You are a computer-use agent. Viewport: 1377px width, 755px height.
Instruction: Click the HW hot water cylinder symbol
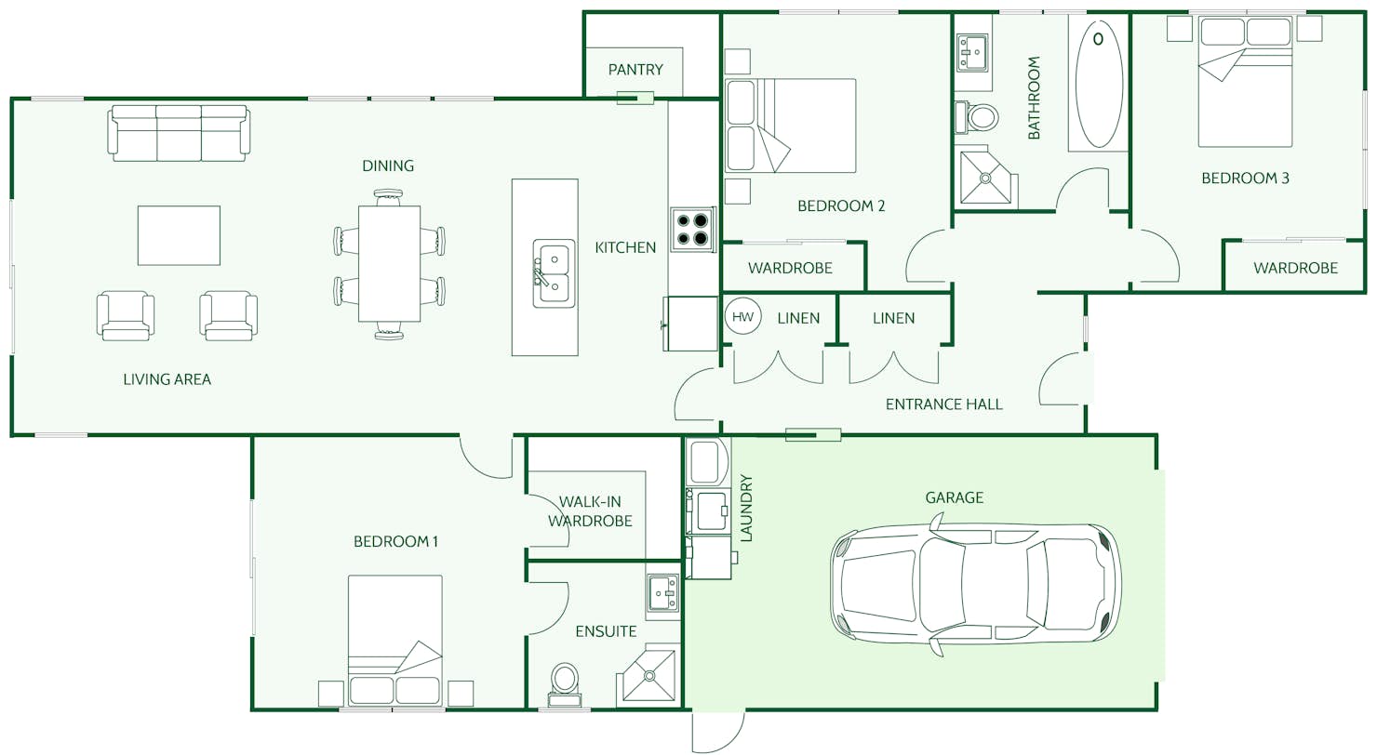(742, 317)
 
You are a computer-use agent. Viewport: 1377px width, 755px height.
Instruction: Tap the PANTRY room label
(635, 70)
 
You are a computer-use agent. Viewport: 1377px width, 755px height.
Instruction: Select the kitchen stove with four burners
(693, 229)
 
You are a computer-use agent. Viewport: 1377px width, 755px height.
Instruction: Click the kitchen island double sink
(554, 273)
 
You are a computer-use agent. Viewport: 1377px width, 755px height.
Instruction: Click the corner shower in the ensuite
(648, 675)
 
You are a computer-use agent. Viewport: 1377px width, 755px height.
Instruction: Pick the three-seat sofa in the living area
(179, 133)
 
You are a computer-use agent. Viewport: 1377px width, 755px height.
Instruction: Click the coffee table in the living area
(179, 235)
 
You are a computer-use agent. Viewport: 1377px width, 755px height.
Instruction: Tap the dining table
(389, 263)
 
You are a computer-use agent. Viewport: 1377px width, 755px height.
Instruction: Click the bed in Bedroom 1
(395, 640)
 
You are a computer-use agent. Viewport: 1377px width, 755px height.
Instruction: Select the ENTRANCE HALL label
(943, 404)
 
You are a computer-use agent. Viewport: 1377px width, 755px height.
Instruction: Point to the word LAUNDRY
(745, 508)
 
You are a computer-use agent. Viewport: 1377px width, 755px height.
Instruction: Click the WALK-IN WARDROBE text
(590, 511)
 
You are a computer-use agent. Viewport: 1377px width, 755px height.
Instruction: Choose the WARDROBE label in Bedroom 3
(1295, 268)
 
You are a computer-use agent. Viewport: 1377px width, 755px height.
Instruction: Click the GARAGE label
(954, 497)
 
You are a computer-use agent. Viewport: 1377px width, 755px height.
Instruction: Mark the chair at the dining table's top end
(389, 198)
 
